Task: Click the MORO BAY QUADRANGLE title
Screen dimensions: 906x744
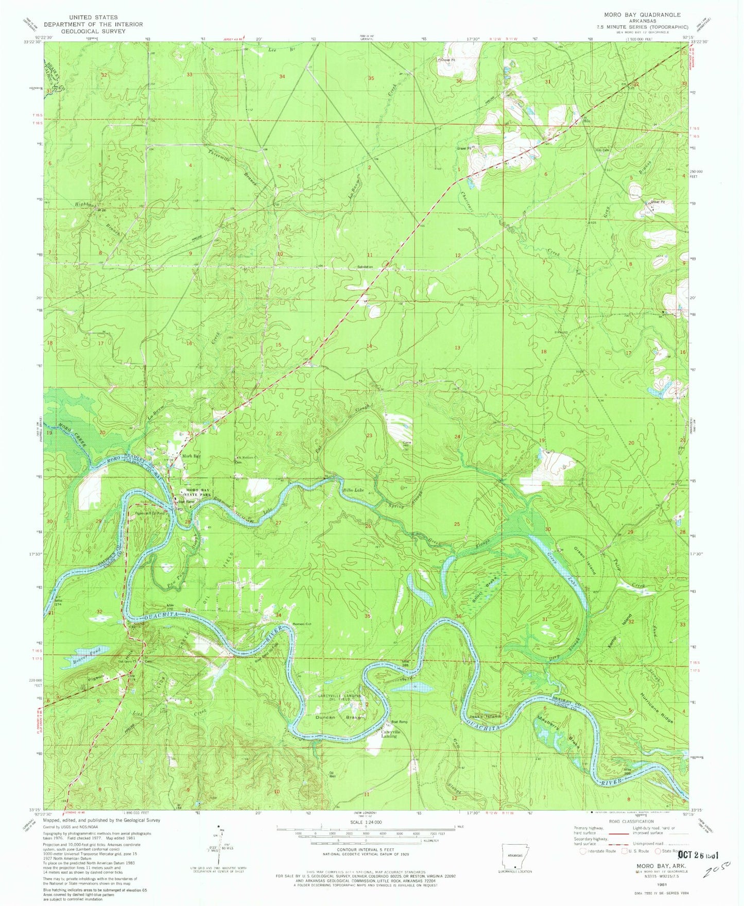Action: click(x=642, y=15)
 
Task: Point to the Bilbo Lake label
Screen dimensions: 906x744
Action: click(x=353, y=490)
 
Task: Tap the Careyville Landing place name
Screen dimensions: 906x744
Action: click(x=389, y=734)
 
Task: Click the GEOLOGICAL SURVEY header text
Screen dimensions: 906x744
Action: click(x=93, y=31)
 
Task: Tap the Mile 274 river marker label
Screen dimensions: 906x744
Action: click(x=58, y=602)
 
